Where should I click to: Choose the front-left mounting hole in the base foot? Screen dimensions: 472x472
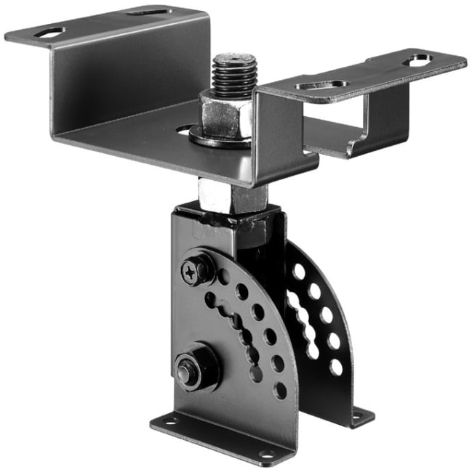pyautogui.click(x=169, y=420)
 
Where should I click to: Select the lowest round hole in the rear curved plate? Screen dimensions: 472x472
pyautogui.click(x=336, y=367)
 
